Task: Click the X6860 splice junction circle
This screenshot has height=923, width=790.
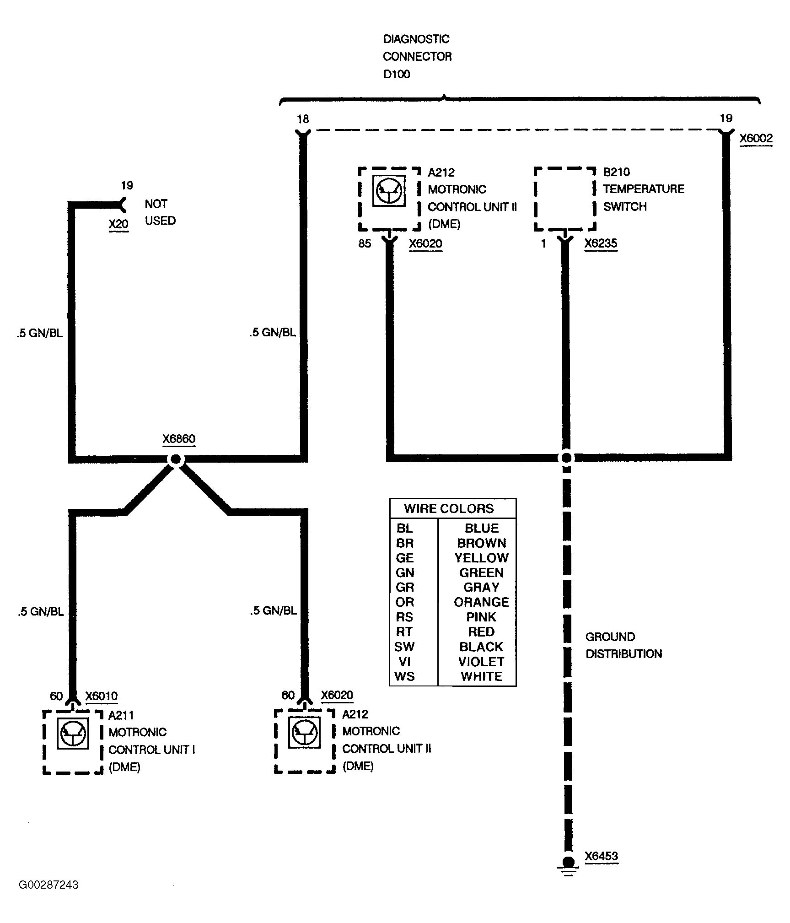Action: coord(176,459)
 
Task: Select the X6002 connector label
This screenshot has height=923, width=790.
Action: coord(756,139)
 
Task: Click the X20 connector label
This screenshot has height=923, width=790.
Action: coord(118,224)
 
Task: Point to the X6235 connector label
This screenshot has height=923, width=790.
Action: coord(601,243)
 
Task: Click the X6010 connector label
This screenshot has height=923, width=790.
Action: coord(102,696)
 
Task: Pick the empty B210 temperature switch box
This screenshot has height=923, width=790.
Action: coord(565,199)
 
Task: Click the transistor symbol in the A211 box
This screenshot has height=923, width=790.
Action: coord(73,733)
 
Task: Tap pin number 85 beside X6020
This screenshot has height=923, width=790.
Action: coord(365,243)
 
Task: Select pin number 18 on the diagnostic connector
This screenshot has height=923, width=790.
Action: coord(303,119)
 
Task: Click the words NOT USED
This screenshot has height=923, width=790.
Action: coord(160,212)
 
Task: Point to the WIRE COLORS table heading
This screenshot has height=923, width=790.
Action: coord(449,508)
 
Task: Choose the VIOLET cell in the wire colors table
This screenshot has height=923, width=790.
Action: coord(481,662)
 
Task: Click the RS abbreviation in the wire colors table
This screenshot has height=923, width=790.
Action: coord(404,617)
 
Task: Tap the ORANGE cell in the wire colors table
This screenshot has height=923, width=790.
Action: coord(481,602)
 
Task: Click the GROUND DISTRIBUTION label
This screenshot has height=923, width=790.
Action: coord(623,645)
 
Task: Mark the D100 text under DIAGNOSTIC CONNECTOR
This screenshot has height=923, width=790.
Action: coord(397,74)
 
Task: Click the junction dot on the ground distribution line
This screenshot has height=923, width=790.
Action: coord(566,457)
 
